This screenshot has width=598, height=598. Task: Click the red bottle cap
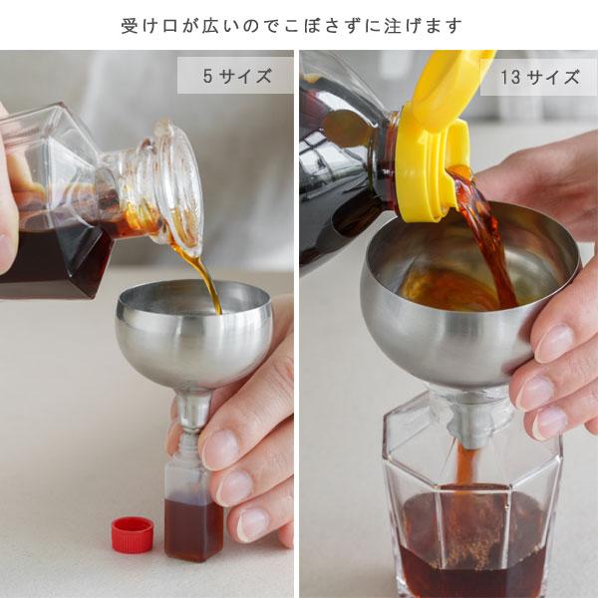[x=132, y=535]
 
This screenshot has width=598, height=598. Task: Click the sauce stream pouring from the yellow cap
[x=488, y=229]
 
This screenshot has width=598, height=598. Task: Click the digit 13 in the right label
[x=510, y=78]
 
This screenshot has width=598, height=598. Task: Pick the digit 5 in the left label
[x=207, y=76]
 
